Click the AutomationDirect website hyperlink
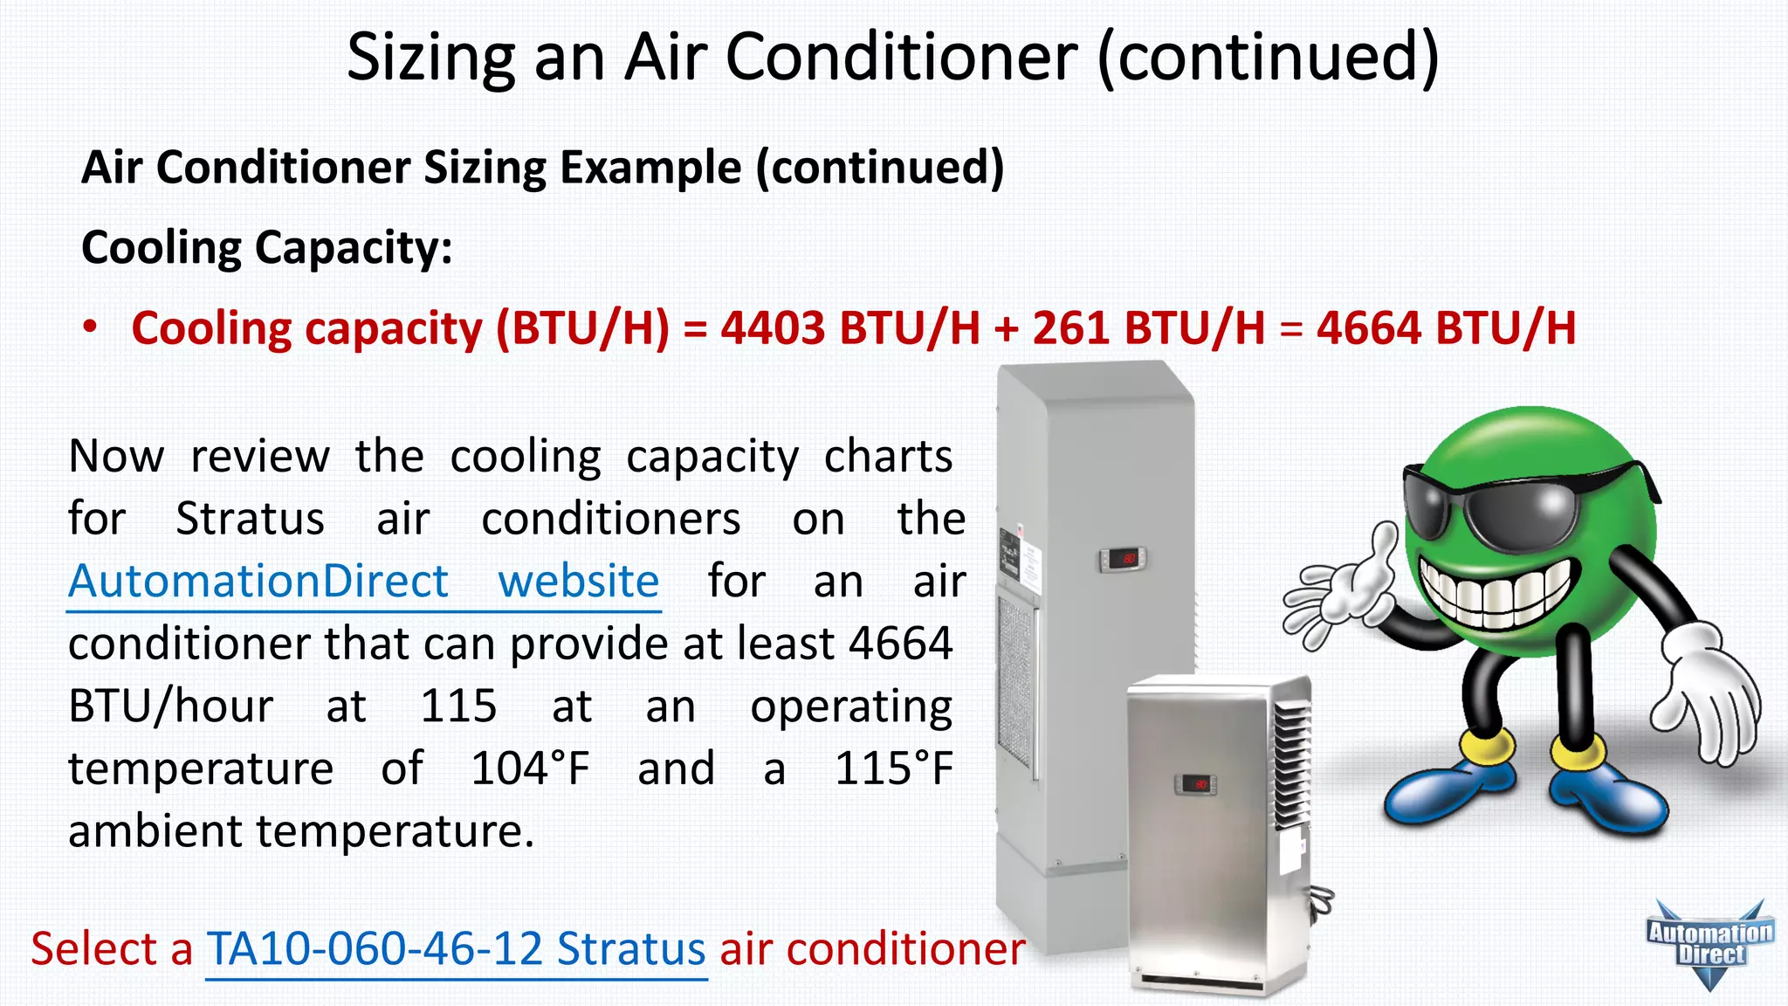click(363, 582)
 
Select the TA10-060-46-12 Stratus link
click(456, 949)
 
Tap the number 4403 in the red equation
click(773, 329)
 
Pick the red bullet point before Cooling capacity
click(90, 327)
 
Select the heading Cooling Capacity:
click(267, 247)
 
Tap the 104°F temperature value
click(530, 769)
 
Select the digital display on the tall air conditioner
click(1122, 558)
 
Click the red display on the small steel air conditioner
click(1195, 783)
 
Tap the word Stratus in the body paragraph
click(250, 520)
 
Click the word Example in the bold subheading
click(650, 168)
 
